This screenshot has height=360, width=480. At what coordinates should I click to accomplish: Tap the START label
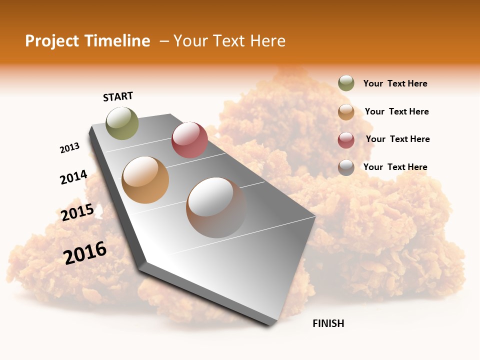118,96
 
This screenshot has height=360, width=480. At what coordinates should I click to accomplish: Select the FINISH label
328,323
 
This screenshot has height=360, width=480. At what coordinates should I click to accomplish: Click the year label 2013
70,148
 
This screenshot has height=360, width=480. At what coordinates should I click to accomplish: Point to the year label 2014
74,177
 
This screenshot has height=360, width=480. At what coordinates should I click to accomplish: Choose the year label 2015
77,212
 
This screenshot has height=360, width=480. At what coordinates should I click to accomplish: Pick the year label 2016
85,253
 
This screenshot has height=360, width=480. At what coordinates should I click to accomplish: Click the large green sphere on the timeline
122,123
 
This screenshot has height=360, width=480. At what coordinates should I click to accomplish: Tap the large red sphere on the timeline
189,139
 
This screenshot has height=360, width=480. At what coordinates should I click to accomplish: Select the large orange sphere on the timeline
145,180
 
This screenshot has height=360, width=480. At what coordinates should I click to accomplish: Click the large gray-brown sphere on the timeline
216,207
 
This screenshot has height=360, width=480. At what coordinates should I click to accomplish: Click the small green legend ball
346,83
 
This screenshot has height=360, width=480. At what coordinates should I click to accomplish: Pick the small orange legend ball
346,111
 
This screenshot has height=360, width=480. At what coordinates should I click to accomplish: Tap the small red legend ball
346,139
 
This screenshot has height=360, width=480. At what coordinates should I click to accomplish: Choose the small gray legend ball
346,167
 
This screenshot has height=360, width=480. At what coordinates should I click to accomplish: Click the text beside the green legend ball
395,83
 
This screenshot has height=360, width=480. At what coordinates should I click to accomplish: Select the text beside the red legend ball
398,139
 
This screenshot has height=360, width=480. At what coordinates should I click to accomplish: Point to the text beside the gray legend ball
395,167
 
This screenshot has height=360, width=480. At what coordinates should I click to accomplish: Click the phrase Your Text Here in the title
229,41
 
